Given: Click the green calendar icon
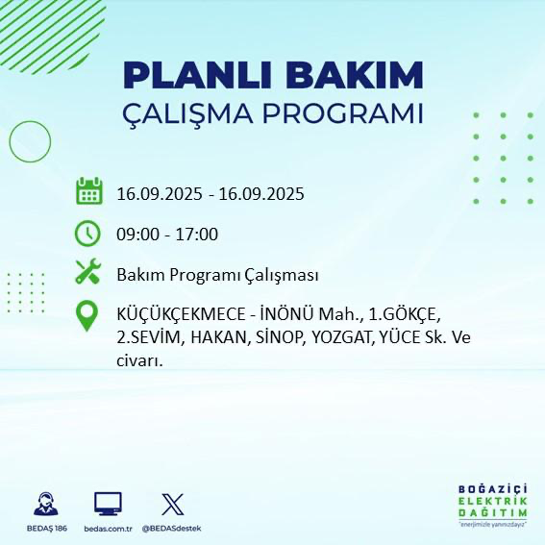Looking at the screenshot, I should tap(88, 191).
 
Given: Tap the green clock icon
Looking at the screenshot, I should tap(88, 233).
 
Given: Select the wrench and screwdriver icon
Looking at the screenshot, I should tap(88, 273).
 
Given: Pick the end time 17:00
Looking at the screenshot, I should tap(198, 235).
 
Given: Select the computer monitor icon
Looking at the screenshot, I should tap(108, 504).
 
